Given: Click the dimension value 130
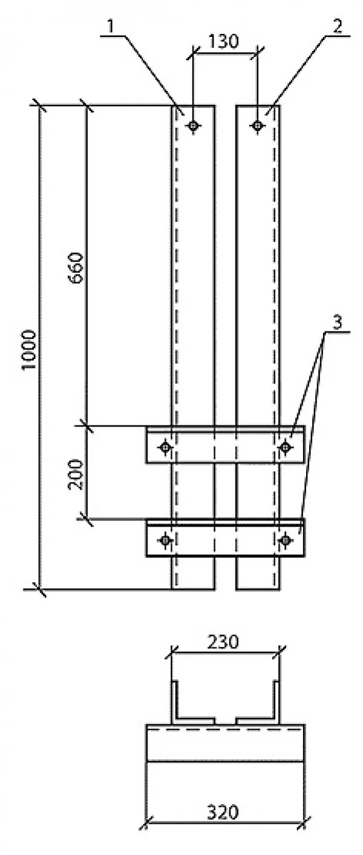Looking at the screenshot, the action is (x=224, y=41).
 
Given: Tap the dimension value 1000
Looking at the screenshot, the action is (x=29, y=350).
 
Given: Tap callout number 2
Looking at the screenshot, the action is (x=337, y=27).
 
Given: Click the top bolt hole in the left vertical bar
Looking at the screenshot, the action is (x=193, y=126).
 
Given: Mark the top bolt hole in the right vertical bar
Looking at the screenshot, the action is (x=258, y=126).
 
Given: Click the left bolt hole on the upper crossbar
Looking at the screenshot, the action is (x=165, y=448).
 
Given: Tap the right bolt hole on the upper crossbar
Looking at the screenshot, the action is (x=285, y=448).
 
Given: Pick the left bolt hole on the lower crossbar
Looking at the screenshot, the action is (x=165, y=539).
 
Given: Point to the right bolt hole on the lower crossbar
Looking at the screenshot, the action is (x=285, y=539).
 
